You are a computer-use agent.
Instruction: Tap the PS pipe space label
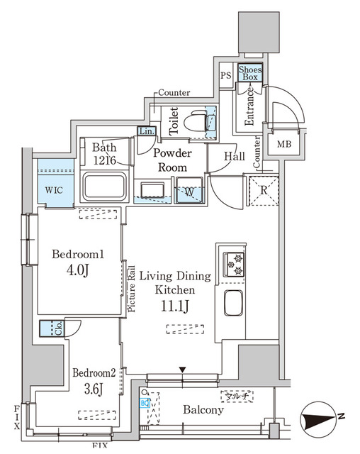226,76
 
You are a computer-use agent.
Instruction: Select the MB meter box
284,144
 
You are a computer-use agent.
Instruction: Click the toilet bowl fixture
192,123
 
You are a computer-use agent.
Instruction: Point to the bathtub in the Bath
106,187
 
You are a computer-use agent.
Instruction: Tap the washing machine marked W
191,191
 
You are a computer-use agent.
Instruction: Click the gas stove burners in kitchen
234,264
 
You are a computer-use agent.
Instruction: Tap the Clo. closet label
60,328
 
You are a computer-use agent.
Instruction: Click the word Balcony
203,409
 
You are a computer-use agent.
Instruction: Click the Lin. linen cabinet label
145,131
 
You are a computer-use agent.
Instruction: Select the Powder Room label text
172,160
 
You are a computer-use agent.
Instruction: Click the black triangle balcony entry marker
182,370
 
